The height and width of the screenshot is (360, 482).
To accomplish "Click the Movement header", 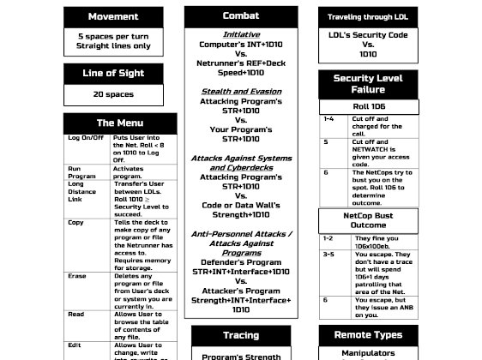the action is (112, 17).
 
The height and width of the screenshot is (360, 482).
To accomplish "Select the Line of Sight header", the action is (112, 74).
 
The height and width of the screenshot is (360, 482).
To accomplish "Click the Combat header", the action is (241, 16).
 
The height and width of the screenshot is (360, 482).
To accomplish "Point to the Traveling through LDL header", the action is (367, 17).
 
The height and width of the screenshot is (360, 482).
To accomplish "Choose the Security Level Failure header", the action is (367, 84).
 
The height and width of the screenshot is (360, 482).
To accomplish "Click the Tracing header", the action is (241, 335).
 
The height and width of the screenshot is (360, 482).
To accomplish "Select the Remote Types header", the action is (367, 335).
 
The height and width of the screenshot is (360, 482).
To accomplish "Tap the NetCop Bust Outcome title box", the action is (367, 220).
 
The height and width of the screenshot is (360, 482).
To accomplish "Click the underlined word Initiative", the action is (241, 34).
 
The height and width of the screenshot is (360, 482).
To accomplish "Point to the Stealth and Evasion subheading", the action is (241, 91).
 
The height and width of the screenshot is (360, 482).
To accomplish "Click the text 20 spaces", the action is (112, 95).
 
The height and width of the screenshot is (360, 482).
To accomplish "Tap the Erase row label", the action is (76, 276).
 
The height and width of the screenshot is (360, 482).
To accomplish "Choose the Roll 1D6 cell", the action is (367, 106).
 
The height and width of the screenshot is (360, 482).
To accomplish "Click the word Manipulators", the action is (367, 352).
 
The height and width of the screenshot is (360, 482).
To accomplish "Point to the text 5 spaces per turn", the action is (112, 37).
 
